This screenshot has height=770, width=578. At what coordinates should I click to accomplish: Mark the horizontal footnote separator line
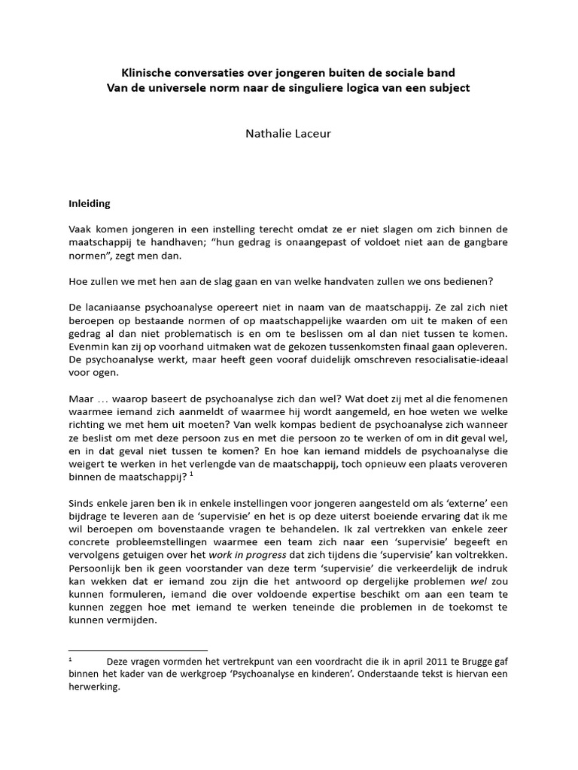pyautogui.click(x=138, y=650)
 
